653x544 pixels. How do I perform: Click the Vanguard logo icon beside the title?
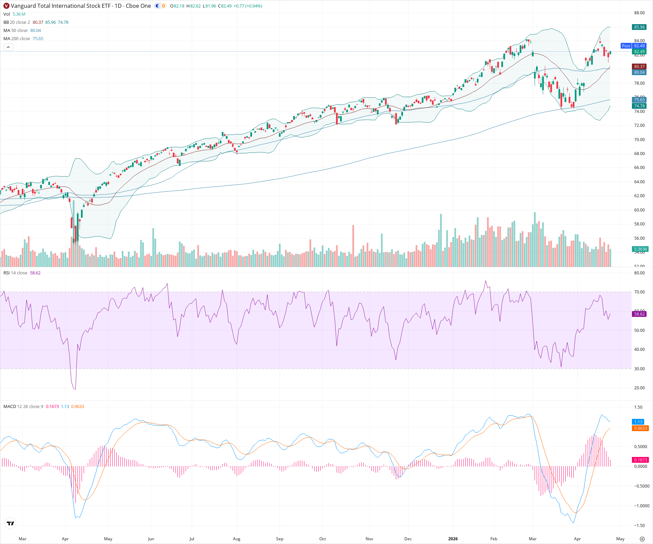(6, 6)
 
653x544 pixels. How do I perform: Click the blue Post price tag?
(626, 46)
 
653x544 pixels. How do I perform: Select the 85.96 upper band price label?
(639, 27)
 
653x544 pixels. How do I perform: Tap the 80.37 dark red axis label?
(639, 67)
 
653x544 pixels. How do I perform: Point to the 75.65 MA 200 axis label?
(639, 100)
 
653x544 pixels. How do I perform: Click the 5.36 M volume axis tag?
(640, 249)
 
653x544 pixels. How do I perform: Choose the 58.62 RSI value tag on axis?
(639, 314)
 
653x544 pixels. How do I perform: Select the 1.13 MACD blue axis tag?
(638, 422)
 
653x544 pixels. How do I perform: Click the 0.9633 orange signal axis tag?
(640, 428)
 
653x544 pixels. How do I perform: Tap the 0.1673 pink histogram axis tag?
(640, 460)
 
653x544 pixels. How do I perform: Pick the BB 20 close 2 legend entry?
(17, 22)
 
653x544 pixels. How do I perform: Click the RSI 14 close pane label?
(15, 273)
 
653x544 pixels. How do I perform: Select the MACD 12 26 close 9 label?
(23, 407)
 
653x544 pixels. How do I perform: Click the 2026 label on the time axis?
(453, 539)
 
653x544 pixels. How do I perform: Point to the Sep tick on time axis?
(280, 539)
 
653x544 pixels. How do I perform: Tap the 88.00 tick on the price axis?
(639, 13)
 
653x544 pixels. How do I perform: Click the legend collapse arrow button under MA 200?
(9, 47)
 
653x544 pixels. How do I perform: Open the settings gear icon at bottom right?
(642, 539)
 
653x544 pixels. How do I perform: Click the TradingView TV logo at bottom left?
(11, 524)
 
